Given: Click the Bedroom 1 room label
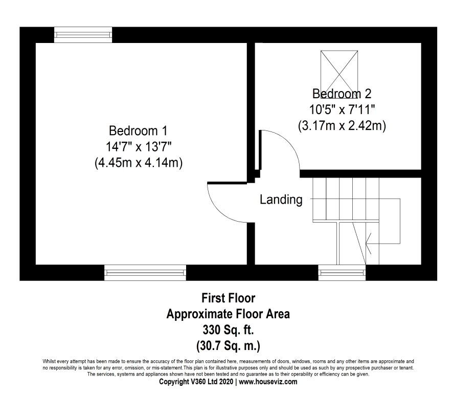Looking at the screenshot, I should [x=138, y=130].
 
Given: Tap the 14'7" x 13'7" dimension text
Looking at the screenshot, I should [x=138, y=146].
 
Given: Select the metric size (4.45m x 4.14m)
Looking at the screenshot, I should [x=138, y=163].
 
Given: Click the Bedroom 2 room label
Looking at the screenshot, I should [x=342, y=94].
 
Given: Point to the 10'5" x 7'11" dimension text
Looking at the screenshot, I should [x=342, y=110].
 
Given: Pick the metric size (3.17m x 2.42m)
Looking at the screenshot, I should [x=342, y=125].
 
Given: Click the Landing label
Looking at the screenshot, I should [x=281, y=200].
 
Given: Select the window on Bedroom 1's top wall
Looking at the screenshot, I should [x=83, y=35].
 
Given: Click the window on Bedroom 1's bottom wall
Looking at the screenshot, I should [x=145, y=273].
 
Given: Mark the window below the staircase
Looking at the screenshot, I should [x=342, y=273].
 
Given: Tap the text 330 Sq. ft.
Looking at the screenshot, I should [x=228, y=330].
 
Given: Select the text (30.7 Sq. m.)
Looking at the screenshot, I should [x=228, y=345].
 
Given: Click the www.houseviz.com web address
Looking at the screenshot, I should [x=268, y=382].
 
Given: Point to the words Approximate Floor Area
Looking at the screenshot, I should [x=228, y=314].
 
